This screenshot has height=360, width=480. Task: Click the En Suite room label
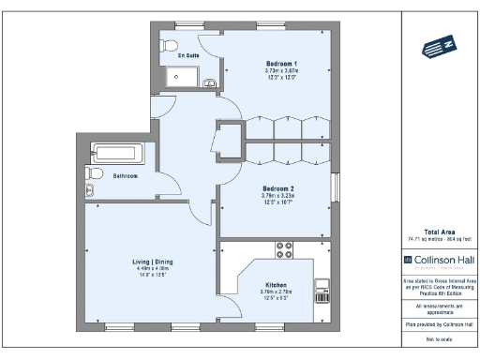coord(188,56)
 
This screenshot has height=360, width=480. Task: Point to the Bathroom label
coord(126,176)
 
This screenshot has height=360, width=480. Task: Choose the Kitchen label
coord(275,285)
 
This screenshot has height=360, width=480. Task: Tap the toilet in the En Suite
coord(170,45)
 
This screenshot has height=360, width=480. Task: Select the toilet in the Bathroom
coord(94,173)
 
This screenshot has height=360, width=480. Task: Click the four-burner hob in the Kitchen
coord(283,250)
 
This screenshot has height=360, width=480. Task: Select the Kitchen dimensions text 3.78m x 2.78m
coord(275,292)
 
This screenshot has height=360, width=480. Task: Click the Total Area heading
coord(440,231)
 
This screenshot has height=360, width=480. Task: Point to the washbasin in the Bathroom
coord(90,190)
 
